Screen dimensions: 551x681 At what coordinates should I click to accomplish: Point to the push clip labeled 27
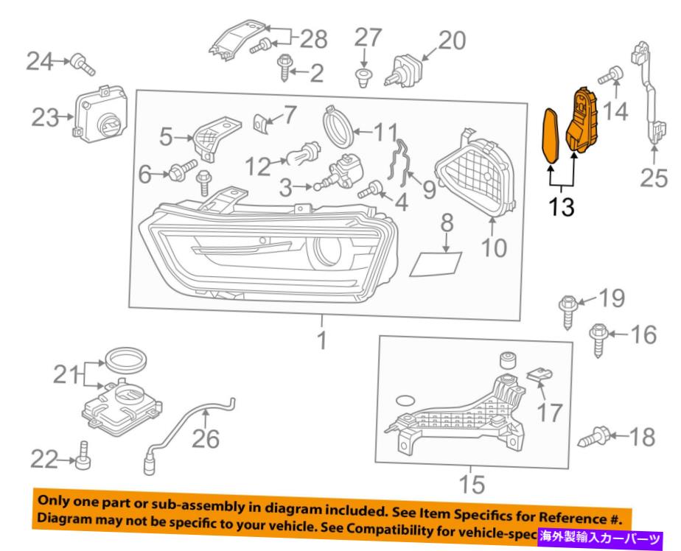(361, 77)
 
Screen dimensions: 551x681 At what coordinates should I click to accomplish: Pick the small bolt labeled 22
(82, 460)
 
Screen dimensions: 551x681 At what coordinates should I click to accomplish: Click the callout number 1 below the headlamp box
(321, 342)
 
